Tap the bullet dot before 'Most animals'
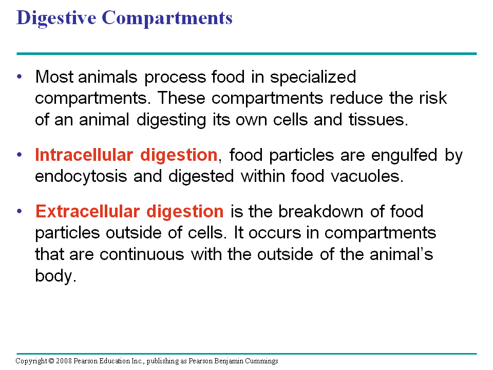point(20,77)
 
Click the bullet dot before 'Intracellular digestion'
point(20,154)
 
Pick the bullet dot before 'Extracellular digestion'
point(20,211)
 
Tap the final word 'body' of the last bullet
point(55,276)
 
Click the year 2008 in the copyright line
point(65,361)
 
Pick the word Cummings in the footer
point(260,361)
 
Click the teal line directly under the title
point(246,53)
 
